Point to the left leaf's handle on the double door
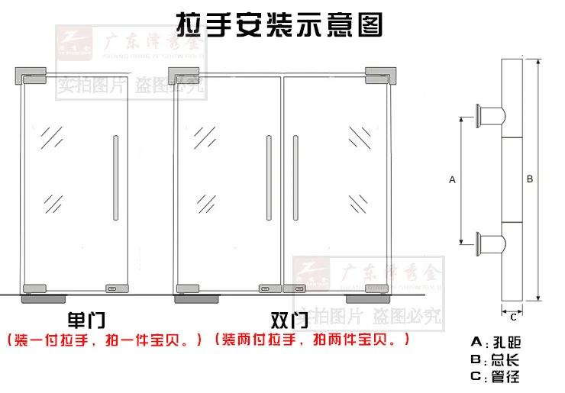coord(269,179)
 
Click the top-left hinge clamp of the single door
coord(30,76)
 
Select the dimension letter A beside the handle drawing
coord(452,180)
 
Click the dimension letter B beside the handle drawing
coord(530,179)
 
